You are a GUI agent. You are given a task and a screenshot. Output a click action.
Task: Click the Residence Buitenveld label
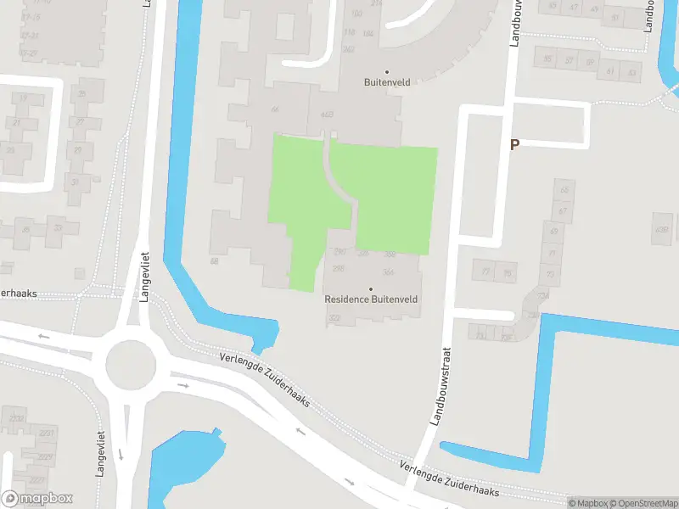371,299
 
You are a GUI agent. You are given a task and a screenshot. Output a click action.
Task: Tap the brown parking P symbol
514,144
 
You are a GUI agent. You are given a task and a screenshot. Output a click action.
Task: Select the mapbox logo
37,499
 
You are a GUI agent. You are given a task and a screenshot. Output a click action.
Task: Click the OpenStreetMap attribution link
643,502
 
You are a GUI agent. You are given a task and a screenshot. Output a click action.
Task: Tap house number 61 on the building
610,72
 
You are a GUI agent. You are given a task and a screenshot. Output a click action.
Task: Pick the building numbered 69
554,232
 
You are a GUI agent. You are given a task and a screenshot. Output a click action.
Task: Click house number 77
486,272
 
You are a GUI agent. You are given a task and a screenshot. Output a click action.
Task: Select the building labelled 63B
327,115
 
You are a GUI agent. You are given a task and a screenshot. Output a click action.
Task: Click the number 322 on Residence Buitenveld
334,318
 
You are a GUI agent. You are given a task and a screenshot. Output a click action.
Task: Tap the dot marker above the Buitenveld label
387,71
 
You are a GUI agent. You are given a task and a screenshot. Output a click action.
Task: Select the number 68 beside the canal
215,261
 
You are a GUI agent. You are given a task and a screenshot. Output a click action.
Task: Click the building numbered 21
17,123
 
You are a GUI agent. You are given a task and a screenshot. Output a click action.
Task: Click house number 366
389,271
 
